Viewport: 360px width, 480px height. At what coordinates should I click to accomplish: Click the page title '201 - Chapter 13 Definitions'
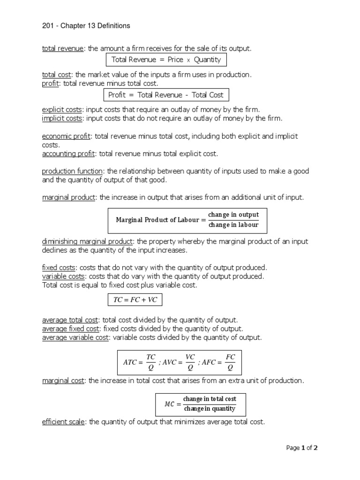pyautogui.click(x=86, y=26)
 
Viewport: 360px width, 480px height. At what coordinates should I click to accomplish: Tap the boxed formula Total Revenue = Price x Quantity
pyautogui.click(x=166, y=60)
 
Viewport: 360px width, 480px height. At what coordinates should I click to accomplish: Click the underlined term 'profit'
pyautogui.click(x=51, y=83)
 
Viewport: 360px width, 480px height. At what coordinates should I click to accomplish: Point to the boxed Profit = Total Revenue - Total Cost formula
pyautogui.click(x=166, y=95)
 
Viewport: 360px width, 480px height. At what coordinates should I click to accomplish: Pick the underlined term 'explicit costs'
pyautogui.click(x=62, y=110)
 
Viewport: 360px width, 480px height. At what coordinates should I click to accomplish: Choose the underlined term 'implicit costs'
pyautogui.click(x=62, y=118)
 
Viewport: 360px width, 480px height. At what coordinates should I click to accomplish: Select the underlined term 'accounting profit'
pyautogui.click(x=68, y=153)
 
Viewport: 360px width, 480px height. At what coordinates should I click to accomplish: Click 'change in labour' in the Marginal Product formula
pyautogui.click(x=233, y=225)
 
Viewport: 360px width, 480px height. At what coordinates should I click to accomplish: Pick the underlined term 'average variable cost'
pyautogui.click(x=75, y=337)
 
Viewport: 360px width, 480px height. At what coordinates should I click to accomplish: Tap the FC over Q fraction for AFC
pyautogui.click(x=230, y=362)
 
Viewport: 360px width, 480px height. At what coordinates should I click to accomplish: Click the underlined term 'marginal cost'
pyautogui.click(x=63, y=381)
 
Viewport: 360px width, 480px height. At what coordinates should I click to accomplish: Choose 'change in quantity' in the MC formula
pyautogui.click(x=210, y=409)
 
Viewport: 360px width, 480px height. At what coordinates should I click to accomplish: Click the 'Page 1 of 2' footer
pyautogui.click(x=302, y=448)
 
